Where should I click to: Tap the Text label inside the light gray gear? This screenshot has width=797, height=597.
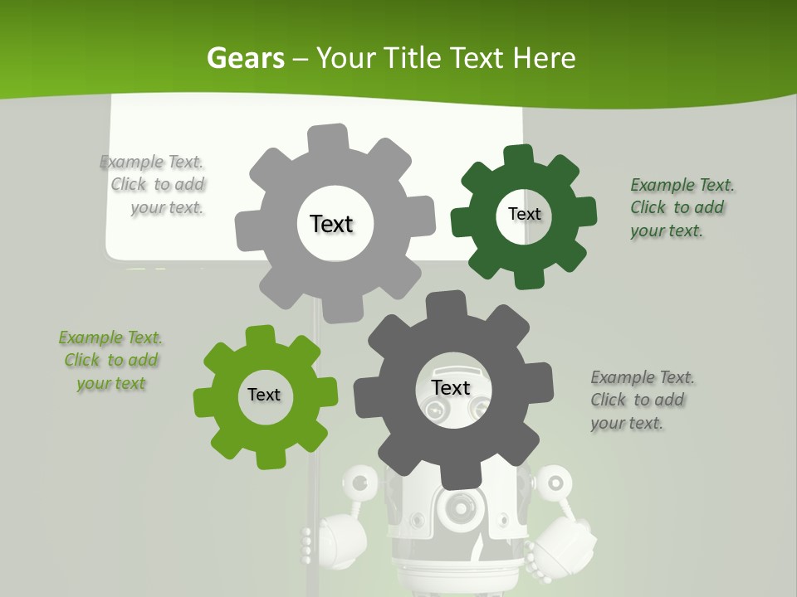(331, 224)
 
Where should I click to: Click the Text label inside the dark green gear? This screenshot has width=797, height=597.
(524, 214)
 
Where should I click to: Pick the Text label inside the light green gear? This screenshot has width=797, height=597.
(264, 396)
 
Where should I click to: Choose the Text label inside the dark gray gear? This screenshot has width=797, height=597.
(451, 387)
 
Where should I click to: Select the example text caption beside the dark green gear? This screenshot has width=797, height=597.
(682, 207)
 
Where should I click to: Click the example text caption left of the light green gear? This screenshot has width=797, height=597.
(110, 360)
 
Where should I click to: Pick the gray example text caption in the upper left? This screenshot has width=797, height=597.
(154, 184)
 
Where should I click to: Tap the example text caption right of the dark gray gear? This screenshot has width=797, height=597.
(642, 400)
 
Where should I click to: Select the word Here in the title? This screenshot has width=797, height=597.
(544, 58)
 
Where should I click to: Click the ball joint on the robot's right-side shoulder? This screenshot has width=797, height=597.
(555, 481)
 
